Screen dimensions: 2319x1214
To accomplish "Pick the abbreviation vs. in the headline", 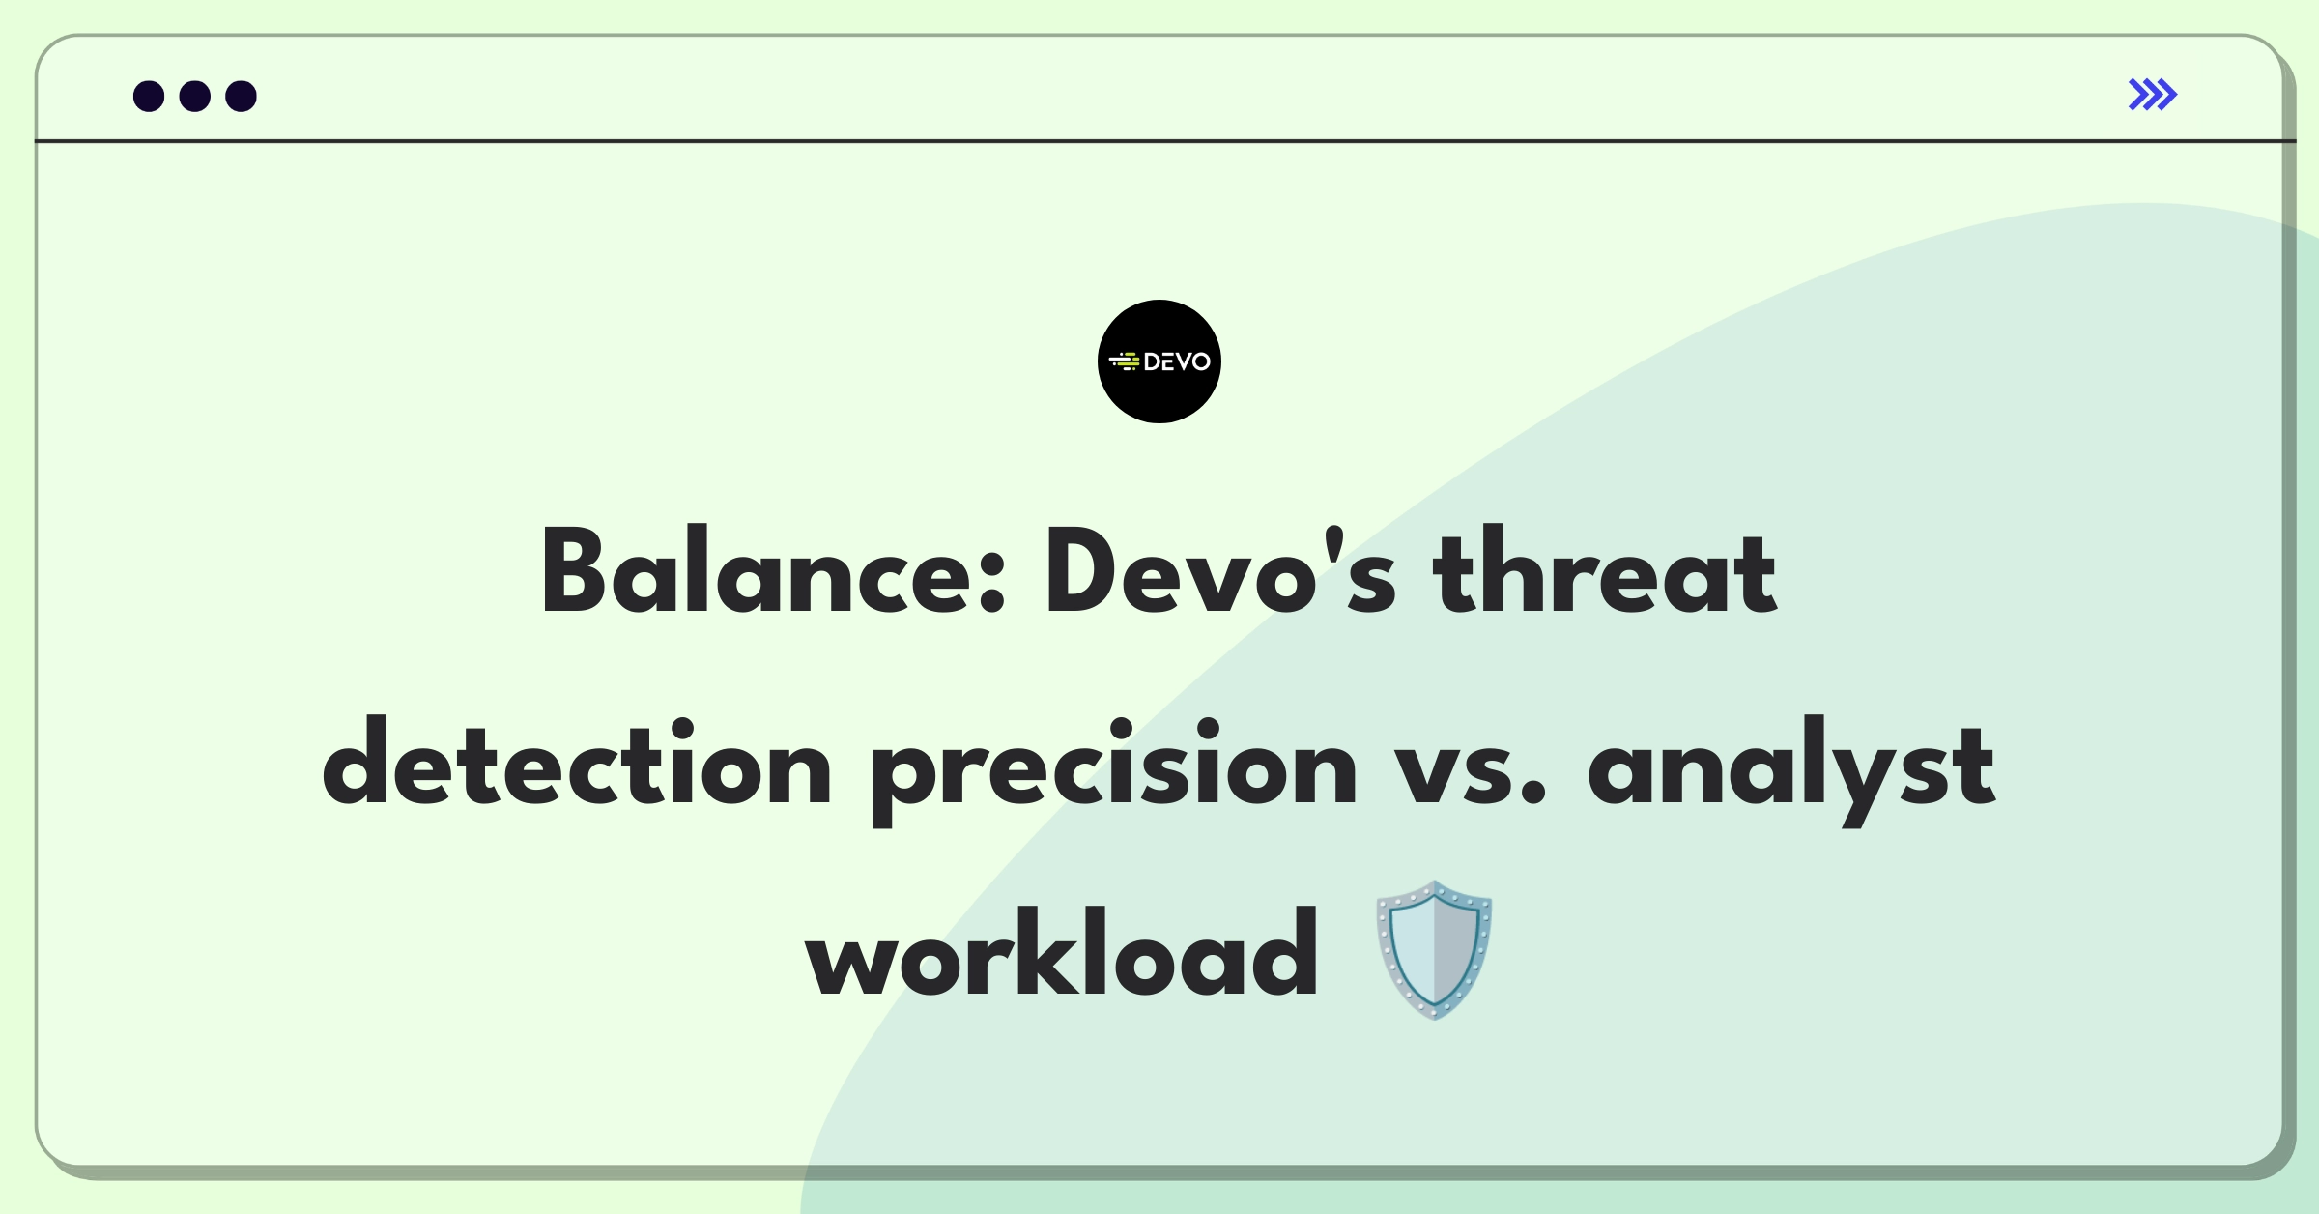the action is [1472, 773].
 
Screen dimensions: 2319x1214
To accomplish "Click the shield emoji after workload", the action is [1434, 950].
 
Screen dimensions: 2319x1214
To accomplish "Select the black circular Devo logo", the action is [1159, 361].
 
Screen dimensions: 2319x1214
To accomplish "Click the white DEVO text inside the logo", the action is [1177, 361].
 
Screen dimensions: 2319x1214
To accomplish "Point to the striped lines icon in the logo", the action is [1125, 361].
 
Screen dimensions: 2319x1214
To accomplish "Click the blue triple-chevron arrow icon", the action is [2153, 95].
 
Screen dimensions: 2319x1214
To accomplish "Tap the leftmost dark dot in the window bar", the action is [149, 97].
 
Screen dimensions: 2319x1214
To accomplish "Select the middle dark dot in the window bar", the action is [195, 97].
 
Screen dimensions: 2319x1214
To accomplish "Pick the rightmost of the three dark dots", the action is [242, 97].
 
